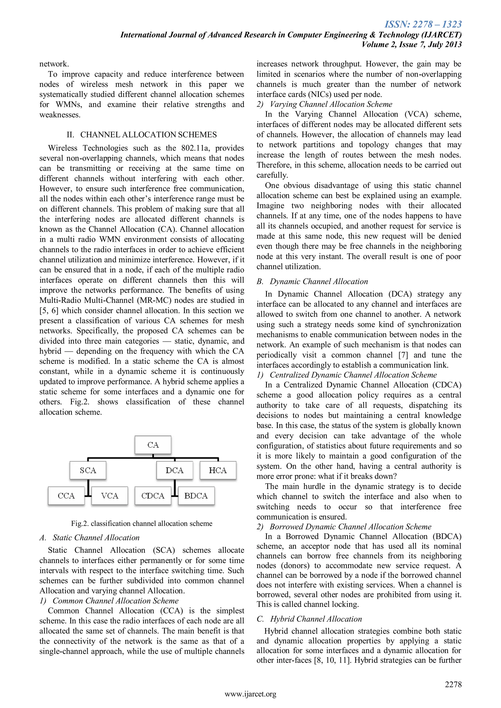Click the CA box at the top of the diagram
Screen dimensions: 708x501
[153, 445]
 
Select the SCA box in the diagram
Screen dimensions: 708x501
[88, 470]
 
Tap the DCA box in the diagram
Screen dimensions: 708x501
[175, 470]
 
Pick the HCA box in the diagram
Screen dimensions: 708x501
[218, 470]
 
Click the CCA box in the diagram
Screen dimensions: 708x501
[66, 496]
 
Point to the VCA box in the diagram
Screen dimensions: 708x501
[110, 496]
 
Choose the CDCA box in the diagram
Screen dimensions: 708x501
[153, 496]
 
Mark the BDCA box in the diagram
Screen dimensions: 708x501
[196, 496]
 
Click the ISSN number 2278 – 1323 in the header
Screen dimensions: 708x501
[423, 24]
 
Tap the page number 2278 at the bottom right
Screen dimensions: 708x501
[453, 684]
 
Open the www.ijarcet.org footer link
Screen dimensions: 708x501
[250, 694]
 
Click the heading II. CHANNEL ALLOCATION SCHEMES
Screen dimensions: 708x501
[142, 135]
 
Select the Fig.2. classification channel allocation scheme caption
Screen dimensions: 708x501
[142, 524]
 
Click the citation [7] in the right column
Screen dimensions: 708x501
[403, 355]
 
